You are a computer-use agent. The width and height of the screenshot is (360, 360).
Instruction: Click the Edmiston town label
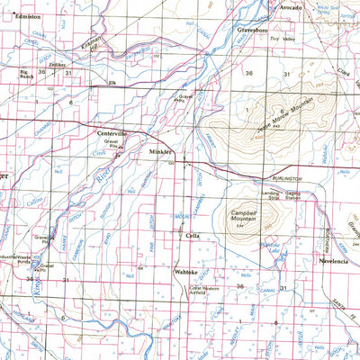click(x=27, y=17)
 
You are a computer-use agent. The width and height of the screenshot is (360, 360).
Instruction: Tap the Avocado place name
click(x=289, y=7)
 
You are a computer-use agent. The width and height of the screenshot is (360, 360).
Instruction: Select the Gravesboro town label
click(x=256, y=30)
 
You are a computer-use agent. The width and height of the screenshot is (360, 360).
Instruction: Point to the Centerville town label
click(x=113, y=133)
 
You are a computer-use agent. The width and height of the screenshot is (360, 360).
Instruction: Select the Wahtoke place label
click(x=185, y=269)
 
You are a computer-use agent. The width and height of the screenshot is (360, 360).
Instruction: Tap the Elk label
click(x=113, y=83)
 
